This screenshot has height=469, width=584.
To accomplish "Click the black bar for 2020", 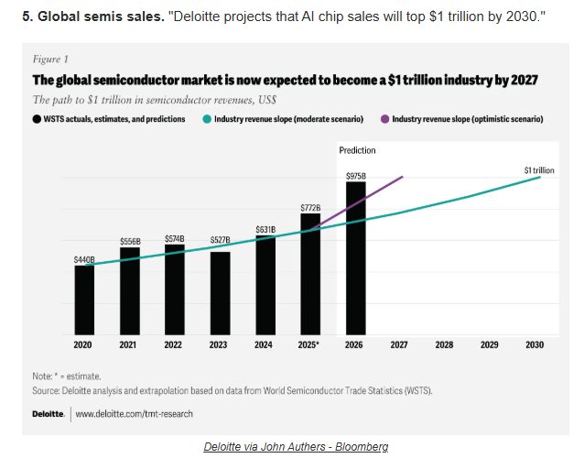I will [x=84, y=300].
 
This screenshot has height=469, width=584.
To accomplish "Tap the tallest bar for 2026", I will [x=355, y=257].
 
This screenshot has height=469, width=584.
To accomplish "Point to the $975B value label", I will [x=355, y=175].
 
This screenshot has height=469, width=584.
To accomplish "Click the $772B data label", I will [x=310, y=208].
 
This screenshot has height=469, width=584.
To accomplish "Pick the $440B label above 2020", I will [x=84, y=259].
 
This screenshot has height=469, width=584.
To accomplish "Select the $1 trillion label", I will [x=538, y=169].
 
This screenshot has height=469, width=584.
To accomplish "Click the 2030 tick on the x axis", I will [x=535, y=345].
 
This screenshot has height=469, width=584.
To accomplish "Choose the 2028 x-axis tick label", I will [x=445, y=345].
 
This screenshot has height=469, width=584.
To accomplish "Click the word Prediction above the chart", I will [x=357, y=150].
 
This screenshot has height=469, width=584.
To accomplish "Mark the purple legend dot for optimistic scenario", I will [x=385, y=119].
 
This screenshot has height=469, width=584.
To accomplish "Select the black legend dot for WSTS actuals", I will [x=37, y=119].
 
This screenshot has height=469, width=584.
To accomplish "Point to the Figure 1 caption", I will [x=48, y=59].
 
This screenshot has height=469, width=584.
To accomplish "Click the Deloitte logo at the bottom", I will [x=48, y=414].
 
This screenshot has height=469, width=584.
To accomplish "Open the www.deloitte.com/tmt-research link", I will [x=134, y=414].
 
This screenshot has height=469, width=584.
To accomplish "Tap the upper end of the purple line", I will [x=403, y=176].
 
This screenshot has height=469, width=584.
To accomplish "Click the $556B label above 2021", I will [x=130, y=241].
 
